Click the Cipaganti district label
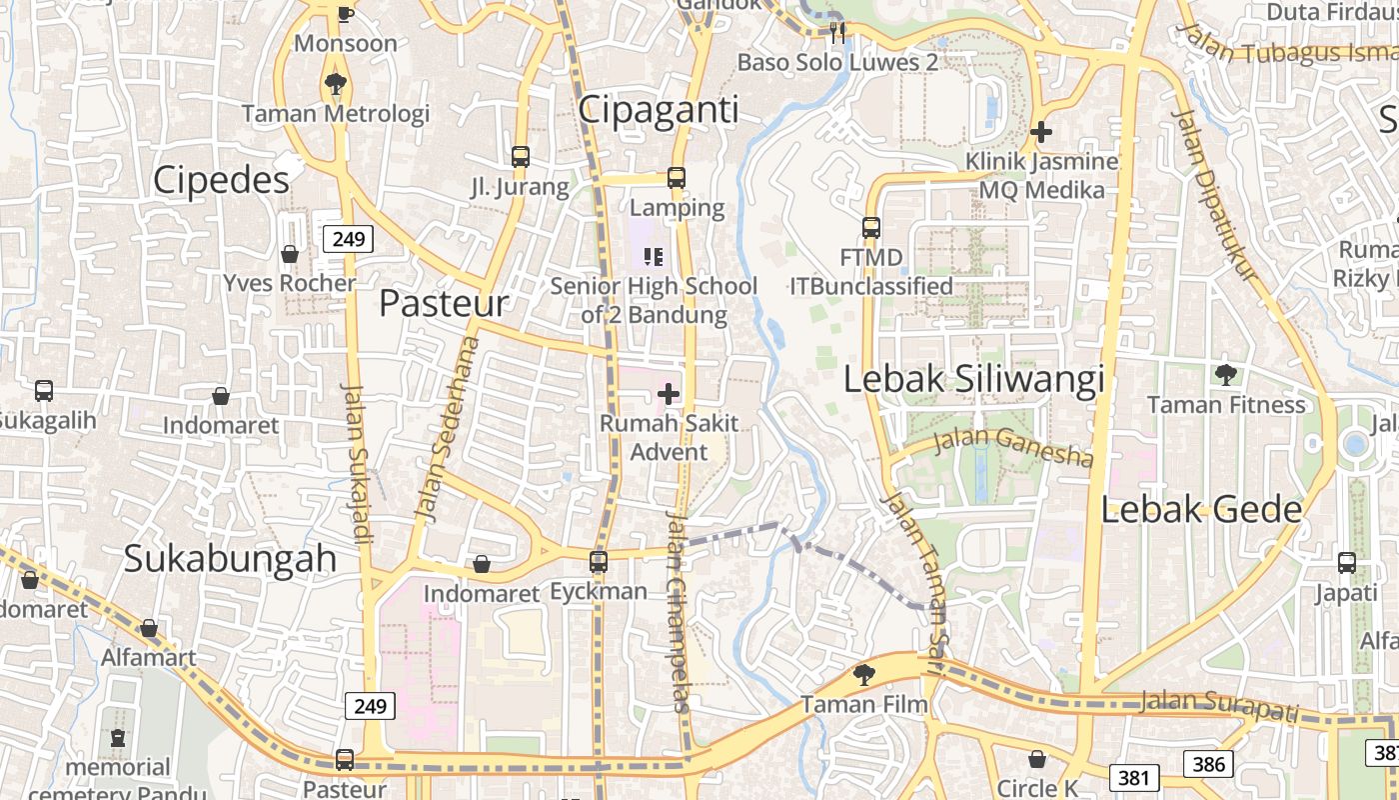pyautogui.click(x=659, y=110)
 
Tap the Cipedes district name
pyautogui.click(x=221, y=179)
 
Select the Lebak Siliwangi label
pyautogui.click(x=974, y=380)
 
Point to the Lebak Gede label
pyautogui.click(x=1201, y=510)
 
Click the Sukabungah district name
pyautogui.click(x=230, y=558)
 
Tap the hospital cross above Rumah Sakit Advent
pyautogui.click(x=669, y=395)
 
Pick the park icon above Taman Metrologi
pyautogui.click(x=335, y=84)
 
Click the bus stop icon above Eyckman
pyautogui.click(x=599, y=562)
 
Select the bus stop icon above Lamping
pyautogui.click(x=677, y=178)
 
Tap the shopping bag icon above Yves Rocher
pyautogui.click(x=290, y=254)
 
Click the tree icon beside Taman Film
pyautogui.click(x=863, y=675)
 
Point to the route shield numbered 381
pyautogui.click(x=1133, y=777)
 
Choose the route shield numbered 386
pyautogui.click(x=1208, y=765)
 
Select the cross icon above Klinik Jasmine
pyautogui.click(x=1041, y=131)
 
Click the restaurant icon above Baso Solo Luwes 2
pyautogui.click(x=837, y=33)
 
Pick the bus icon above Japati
pyautogui.click(x=1347, y=563)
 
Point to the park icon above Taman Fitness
pyautogui.click(x=1226, y=375)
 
